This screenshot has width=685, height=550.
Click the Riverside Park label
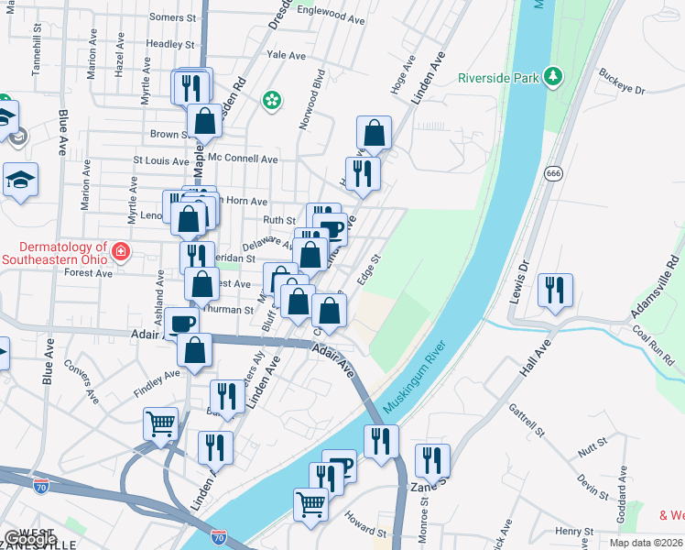tap(498, 78)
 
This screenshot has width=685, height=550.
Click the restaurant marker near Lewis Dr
tap(555, 292)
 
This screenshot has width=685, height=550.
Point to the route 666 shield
tap(552, 173)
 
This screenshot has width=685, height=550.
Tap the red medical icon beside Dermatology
tap(120, 251)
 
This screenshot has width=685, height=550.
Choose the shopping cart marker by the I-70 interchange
tap(160, 425)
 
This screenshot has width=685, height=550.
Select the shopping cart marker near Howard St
tap(311, 504)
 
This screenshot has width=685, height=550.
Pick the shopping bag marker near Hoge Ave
tap(375, 134)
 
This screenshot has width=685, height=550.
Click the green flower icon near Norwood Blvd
tap(271, 101)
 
